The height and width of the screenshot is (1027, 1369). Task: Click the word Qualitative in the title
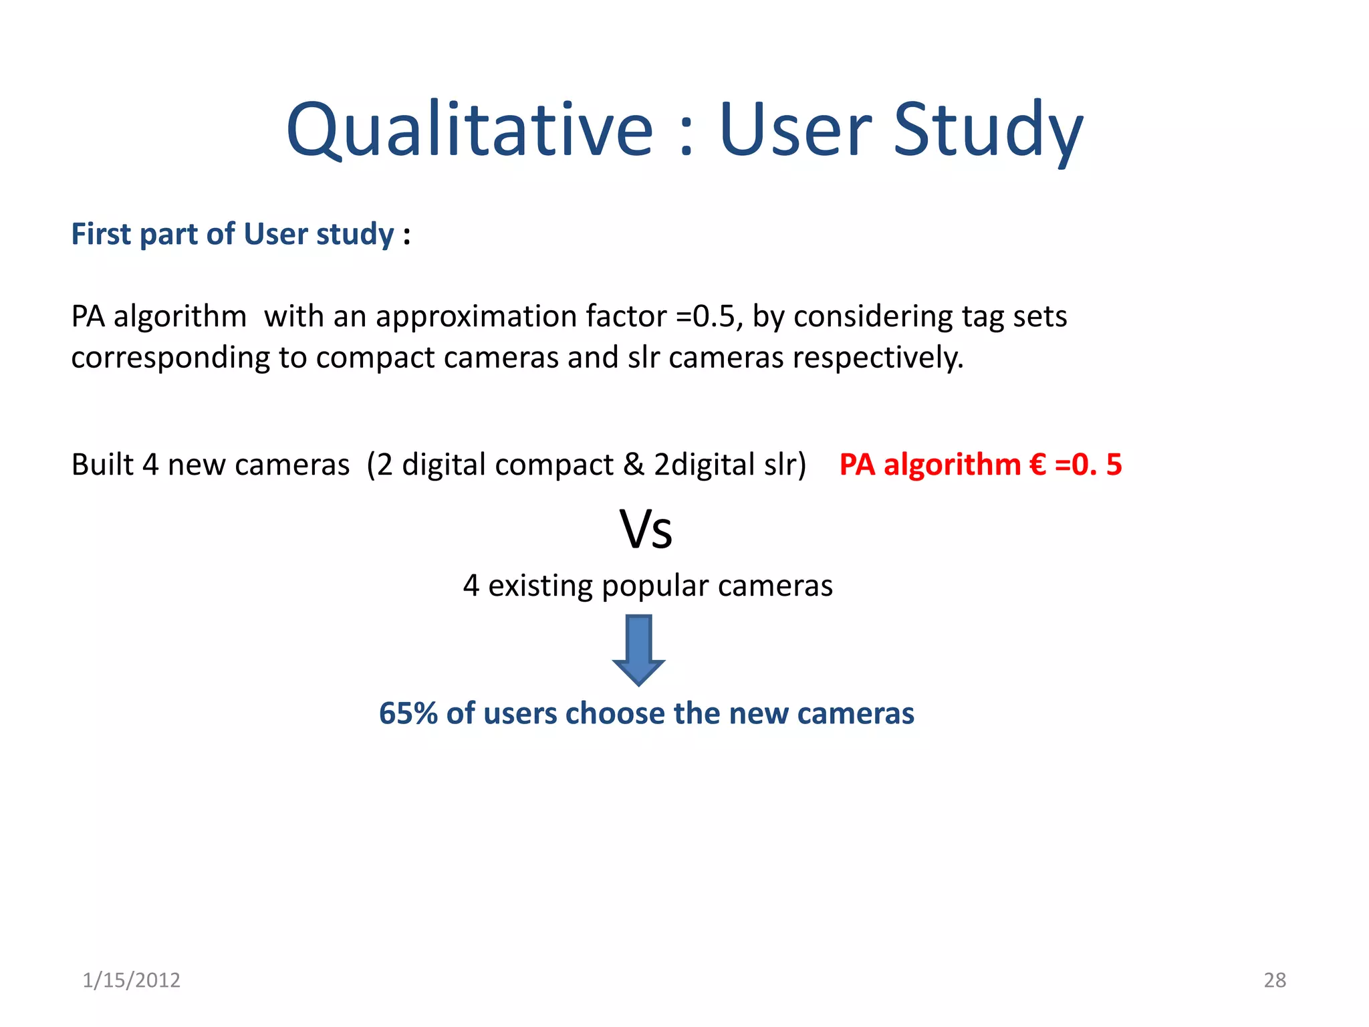click(469, 130)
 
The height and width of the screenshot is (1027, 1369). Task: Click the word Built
click(102, 465)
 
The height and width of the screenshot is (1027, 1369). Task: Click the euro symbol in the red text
click(1037, 465)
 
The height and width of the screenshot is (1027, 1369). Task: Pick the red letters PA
click(857, 465)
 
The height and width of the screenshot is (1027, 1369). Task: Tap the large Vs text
click(646, 530)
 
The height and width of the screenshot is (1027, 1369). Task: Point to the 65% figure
click(408, 713)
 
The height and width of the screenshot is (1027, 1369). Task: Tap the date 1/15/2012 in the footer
click(132, 980)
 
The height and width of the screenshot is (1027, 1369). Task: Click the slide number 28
click(1275, 980)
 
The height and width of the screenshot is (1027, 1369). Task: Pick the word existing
click(540, 586)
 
